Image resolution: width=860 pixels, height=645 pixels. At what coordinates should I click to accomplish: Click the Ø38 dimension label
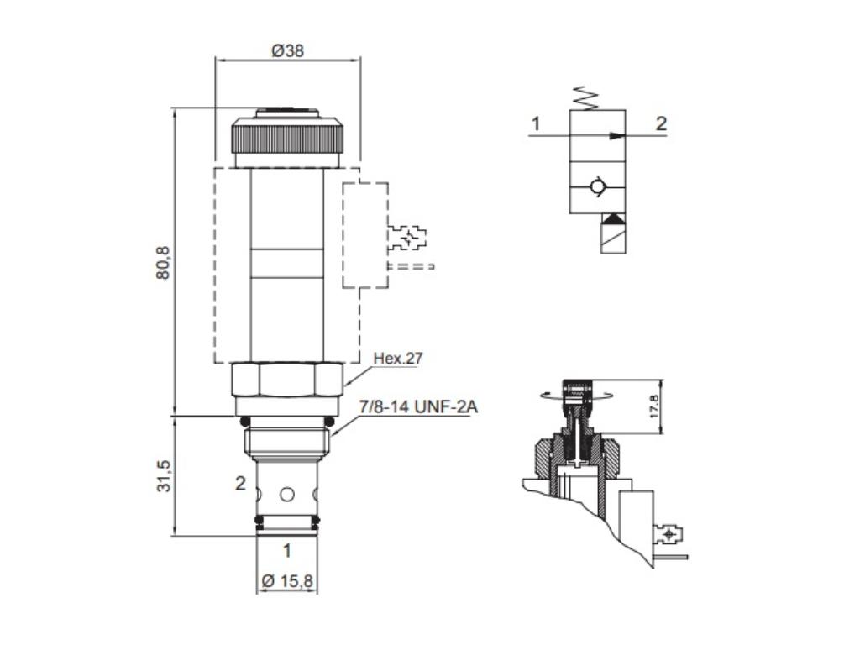click(287, 50)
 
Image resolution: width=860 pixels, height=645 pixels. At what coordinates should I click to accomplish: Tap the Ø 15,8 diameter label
click(286, 580)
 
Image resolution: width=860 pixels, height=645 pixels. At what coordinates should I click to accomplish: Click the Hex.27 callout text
click(398, 359)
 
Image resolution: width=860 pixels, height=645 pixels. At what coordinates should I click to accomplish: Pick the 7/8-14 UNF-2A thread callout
click(412, 407)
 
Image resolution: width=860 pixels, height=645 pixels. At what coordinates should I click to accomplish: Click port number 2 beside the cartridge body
click(240, 483)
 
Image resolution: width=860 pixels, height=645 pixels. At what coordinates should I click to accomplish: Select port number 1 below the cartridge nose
click(286, 551)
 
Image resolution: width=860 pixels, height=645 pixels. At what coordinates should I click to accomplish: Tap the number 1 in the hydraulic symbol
click(535, 123)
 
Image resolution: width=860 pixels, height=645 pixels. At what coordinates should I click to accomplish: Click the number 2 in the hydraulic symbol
click(661, 123)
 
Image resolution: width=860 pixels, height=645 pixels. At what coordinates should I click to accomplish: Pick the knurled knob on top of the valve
click(287, 134)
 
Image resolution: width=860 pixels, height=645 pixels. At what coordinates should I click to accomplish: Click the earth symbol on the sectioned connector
click(669, 534)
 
